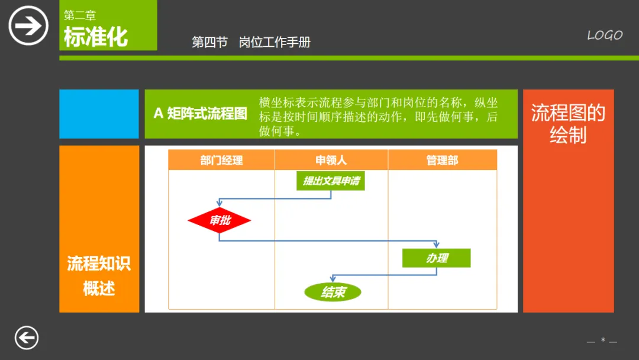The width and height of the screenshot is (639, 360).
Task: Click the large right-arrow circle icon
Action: point(28,25)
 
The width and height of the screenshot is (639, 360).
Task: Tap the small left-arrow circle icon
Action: point(27,338)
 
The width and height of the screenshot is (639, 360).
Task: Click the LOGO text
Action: point(605,36)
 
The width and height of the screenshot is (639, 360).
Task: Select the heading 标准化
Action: point(96,37)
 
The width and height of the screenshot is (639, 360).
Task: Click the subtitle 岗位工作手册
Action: point(275,42)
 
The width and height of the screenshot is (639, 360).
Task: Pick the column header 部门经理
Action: point(221,160)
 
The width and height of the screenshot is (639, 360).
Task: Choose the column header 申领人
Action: point(331,160)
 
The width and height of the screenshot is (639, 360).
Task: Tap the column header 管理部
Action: point(442,160)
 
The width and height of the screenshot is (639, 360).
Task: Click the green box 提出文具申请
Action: point(331,181)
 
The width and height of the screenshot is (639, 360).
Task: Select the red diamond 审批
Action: point(220,221)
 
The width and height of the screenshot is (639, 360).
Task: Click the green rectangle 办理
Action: point(437,258)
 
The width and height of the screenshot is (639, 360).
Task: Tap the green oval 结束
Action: point(333,292)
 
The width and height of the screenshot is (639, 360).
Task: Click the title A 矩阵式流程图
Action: point(200,114)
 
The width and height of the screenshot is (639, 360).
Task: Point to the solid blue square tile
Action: point(99,114)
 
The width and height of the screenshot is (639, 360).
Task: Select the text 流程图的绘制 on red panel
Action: point(568,124)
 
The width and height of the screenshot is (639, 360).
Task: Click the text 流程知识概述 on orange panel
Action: point(99,276)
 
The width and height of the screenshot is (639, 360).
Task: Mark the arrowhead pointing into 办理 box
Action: point(437,245)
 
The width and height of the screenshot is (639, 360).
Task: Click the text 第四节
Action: point(209,42)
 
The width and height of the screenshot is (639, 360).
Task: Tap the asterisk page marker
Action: point(603,340)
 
